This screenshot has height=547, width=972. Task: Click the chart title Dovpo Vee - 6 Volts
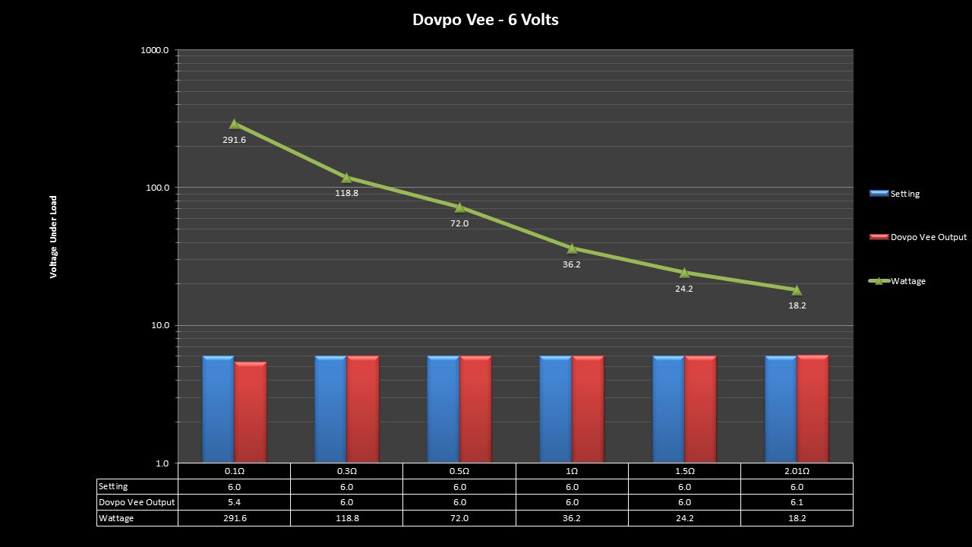point(485,20)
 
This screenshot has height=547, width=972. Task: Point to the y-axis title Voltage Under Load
point(54,237)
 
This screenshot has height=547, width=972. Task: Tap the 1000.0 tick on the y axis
point(156,50)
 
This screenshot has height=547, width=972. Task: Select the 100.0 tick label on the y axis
point(158,188)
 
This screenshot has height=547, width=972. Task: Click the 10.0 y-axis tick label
point(159,325)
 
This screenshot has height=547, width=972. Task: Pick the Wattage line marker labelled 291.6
point(234,124)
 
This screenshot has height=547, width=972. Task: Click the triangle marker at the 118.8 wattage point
point(346,177)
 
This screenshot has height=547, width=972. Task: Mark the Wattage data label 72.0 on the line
point(459,223)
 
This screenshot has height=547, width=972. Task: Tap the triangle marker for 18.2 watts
point(797,289)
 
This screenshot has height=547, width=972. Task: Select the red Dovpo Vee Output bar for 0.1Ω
point(251,412)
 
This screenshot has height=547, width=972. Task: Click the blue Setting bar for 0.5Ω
point(443,409)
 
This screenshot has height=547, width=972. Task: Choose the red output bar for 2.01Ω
point(813,409)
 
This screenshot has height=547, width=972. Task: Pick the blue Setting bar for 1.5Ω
point(668,409)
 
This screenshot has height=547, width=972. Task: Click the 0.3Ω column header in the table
point(346,471)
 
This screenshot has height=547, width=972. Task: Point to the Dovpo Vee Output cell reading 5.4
point(234,502)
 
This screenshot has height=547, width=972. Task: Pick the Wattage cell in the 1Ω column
point(572,518)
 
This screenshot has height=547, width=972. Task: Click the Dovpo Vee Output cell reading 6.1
point(797,502)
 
